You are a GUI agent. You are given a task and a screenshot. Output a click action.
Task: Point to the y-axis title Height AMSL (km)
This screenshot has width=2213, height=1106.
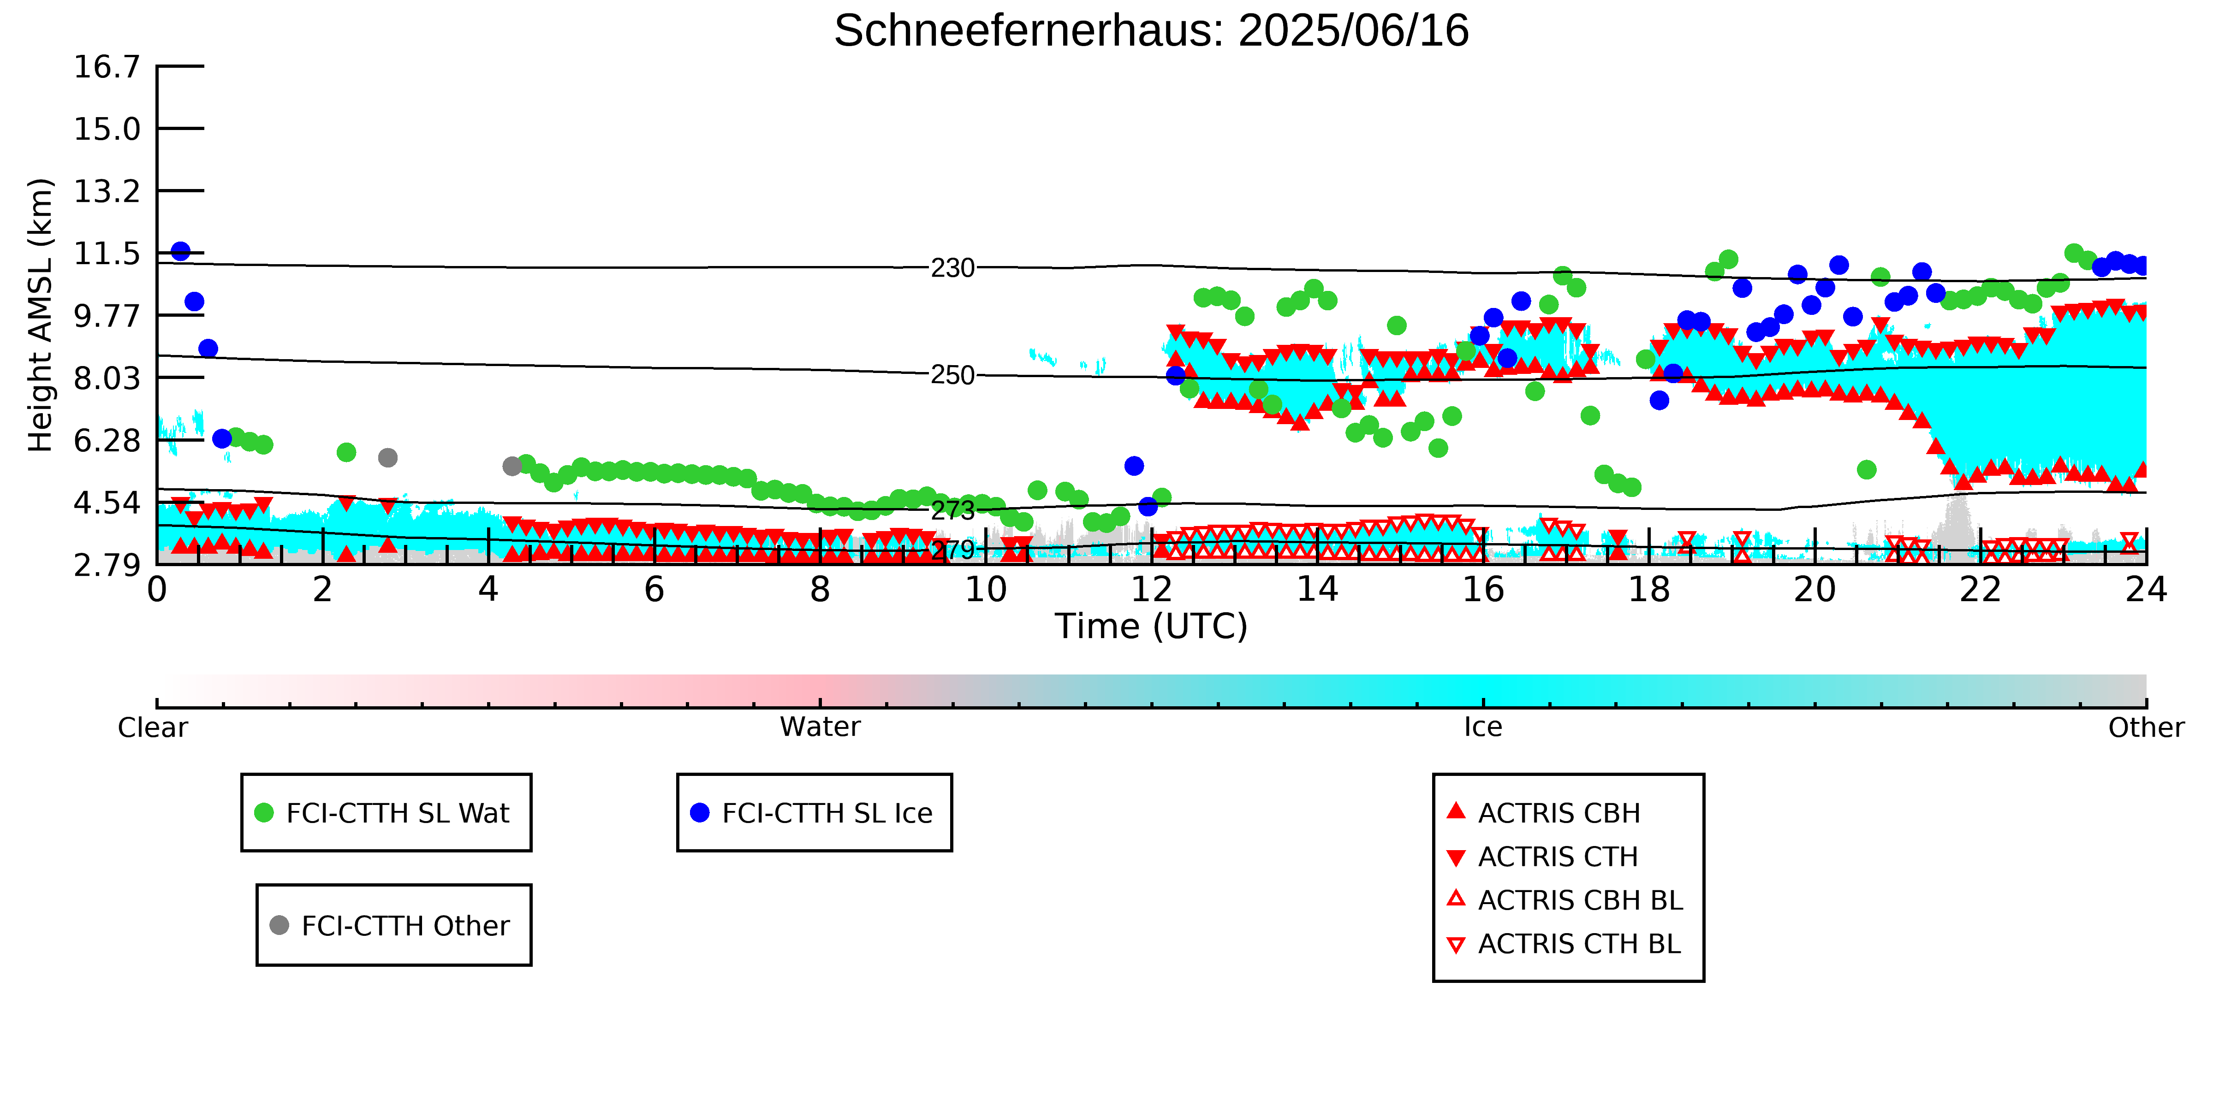[x=41, y=315]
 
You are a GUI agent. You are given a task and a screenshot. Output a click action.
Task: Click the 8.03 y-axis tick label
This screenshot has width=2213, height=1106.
[x=107, y=378]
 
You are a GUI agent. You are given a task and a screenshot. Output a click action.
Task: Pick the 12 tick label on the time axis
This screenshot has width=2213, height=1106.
[x=1151, y=590]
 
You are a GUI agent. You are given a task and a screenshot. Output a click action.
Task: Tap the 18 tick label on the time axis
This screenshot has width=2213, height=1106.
[x=1648, y=590]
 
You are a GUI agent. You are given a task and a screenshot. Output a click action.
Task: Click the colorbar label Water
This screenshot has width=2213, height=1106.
[x=820, y=727]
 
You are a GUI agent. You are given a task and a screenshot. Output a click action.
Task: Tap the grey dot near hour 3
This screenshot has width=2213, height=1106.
[x=387, y=458]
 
